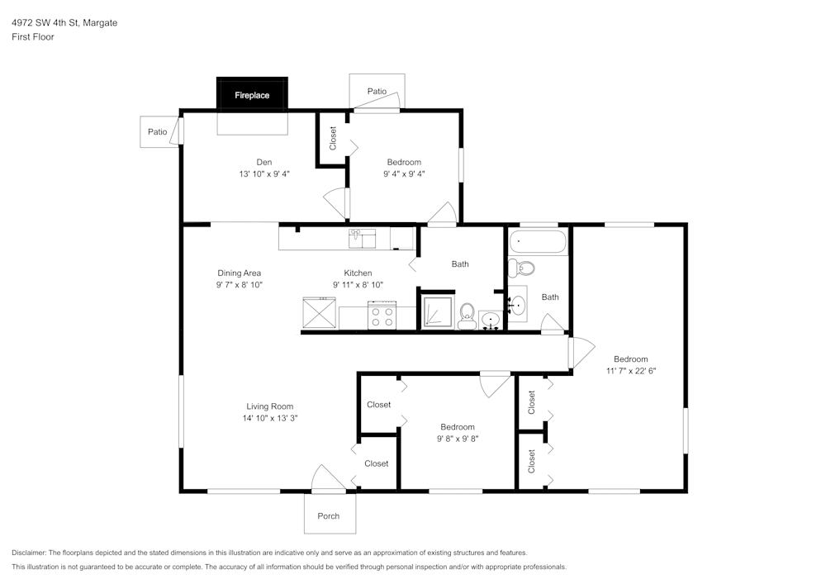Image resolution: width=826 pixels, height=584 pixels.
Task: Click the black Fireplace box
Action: point(252,94)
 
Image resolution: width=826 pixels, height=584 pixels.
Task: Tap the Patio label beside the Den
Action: point(157,131)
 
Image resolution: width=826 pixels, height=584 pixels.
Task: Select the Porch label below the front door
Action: point(329,516)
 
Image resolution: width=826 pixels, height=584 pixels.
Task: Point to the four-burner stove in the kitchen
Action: point(382,315)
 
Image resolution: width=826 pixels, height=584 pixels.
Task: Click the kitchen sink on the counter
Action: point(362,238)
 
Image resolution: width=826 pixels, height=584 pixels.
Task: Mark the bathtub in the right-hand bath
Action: point(538,243)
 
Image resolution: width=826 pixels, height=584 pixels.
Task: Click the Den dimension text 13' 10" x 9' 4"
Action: point(264,174)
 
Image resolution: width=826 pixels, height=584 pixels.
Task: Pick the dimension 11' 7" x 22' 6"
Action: point(630,371)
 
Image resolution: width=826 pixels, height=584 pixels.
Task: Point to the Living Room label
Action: point(270,406)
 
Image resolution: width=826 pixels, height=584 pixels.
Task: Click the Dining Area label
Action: point(240,273)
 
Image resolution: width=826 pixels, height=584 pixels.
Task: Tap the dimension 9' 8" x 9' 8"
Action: point(458,439)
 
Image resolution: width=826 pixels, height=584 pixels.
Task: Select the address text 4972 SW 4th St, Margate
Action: point(64,23)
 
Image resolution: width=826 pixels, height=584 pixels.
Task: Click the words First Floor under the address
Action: point(33,37)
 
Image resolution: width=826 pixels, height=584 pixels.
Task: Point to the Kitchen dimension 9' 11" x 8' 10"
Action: point(358,285)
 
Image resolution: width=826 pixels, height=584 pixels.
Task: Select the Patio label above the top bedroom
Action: point(377,91)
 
